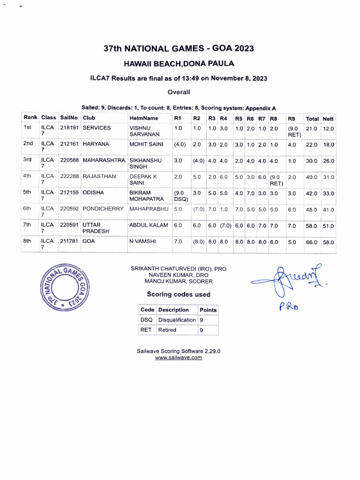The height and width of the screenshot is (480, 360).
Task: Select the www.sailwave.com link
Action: [x=179, y=357]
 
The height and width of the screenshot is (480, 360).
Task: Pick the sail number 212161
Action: [x=69, y=144]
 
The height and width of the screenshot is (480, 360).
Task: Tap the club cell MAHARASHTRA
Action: [x=104, y=161]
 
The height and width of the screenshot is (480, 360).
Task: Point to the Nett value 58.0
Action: [x=328, y=242]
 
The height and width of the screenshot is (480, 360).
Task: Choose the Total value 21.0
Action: [x=311, y=128]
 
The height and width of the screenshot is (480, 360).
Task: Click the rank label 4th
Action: [x=28, y=176]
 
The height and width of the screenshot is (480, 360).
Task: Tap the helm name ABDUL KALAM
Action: [x=148, y=225]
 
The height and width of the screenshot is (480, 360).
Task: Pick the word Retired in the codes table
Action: [x=167, y=330]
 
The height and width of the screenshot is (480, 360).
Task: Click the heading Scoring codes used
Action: [x=179, y=294]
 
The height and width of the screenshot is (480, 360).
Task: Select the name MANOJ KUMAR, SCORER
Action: [x=179, y=281]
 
